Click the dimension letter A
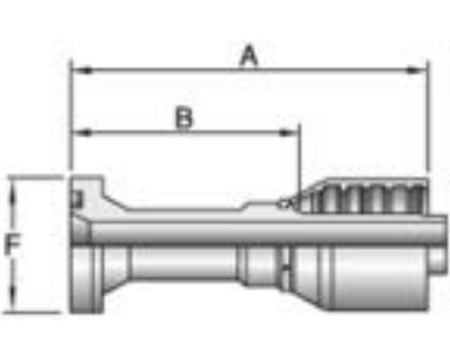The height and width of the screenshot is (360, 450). pyautogui.click(x=249, y=55)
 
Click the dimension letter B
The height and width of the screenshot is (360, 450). pyautogui.click(x=184, y=118)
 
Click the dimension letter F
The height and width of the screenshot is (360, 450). pyautogui.click(x=13, y=245)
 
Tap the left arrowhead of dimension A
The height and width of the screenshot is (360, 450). pyautogui.click(x=82, y=71)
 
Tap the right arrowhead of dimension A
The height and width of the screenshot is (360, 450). pyautogui.click(x=417, y=71)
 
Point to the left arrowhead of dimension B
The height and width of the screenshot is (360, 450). pyautogui.click(x=82, y=132)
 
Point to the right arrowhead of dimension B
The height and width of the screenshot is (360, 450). pyautogui.click(x=289, y=132)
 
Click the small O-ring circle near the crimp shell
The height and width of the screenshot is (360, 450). pyautogui.click(x=284, y=204)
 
